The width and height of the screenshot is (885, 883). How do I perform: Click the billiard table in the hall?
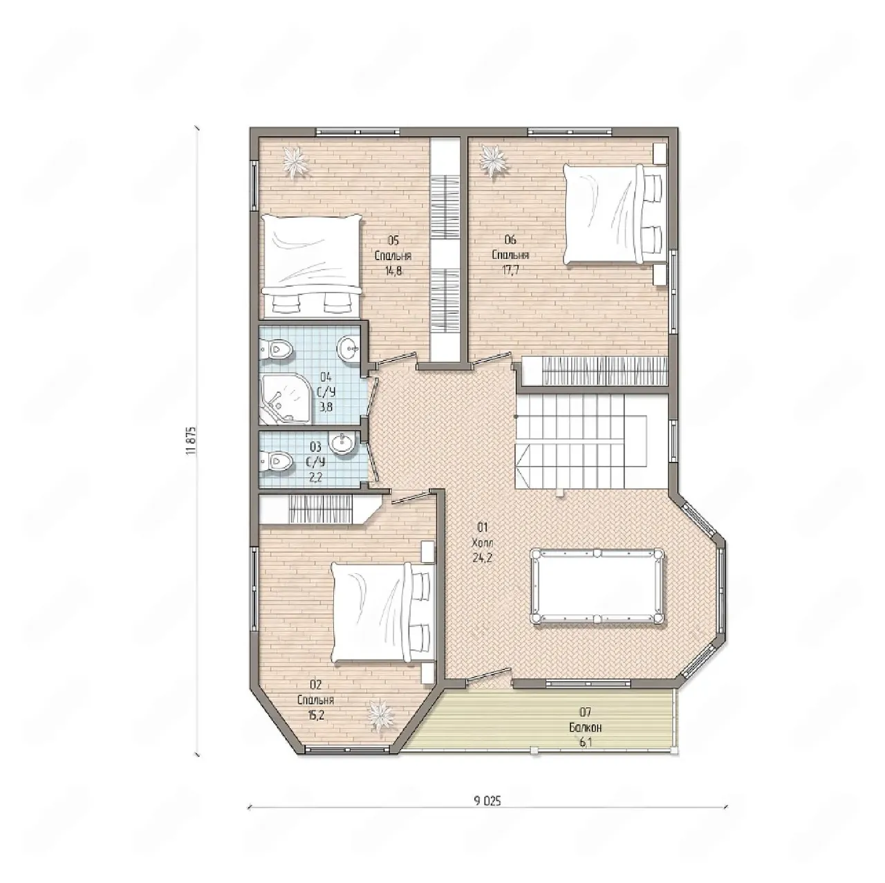(597, 586)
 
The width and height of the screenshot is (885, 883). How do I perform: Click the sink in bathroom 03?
(343, 443)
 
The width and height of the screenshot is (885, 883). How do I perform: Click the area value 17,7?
(510, 269)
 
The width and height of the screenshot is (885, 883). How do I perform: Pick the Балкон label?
(585, 727)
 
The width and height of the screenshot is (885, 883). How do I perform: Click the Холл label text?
(481, 543)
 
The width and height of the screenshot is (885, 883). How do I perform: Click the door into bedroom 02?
(410, 497)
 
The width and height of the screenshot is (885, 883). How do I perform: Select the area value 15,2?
(316, 715)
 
